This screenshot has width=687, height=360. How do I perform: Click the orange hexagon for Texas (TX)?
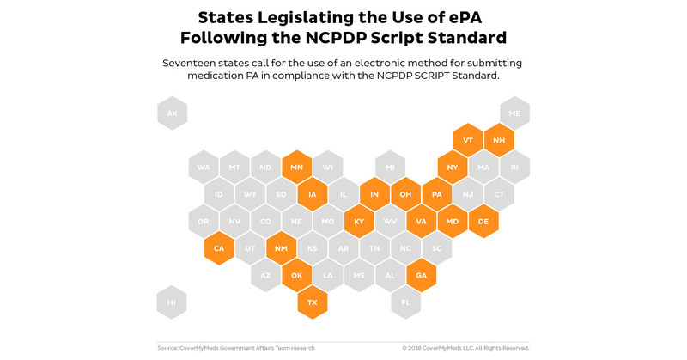click(x=313, y=302)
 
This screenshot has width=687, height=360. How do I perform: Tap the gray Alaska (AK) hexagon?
click(x=172, y=113)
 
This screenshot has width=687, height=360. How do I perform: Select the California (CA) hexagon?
click(x=219, y=248)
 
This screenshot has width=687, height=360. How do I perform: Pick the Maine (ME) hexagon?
click(x=514, y=113)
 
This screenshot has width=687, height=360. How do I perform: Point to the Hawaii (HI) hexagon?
click(x=172, y=302)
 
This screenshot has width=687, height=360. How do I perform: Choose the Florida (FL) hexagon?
click(x=405, y=302)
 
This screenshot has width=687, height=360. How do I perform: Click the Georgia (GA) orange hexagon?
click(x=421, y=276)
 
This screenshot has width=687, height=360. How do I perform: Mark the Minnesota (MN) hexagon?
click(x=296, y=168)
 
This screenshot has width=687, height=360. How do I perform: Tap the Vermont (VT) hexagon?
click(x=468, y=140)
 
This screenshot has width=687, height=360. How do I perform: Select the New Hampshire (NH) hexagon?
click(x=499, y=140)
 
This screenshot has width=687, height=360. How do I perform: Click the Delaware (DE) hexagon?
click(x=483, y=222)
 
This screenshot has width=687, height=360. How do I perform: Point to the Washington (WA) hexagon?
click(x=204, y=168)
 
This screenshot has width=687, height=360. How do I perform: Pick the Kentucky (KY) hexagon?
click(x=359, y=222)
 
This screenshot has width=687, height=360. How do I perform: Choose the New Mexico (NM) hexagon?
click(x=281, y=248)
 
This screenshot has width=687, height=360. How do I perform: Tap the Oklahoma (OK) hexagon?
click(x=296, y=276)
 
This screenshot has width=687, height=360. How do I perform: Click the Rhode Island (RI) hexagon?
click(x=514, y=168)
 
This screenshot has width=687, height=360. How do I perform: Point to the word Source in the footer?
click(x=167, y=348)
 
